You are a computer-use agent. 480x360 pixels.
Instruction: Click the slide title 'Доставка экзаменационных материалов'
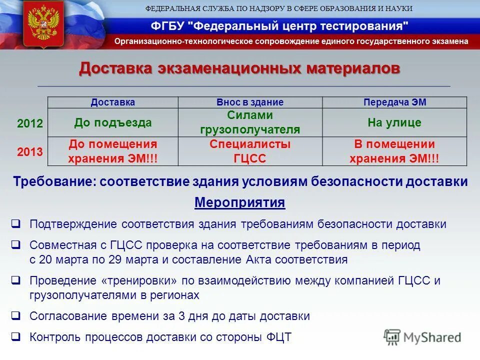(239, 68)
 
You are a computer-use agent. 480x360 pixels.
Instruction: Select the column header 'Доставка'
(112, 102)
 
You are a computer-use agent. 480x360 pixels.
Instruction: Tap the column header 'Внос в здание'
(250, 102)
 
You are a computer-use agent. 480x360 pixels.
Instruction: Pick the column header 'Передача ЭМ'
(394, 102)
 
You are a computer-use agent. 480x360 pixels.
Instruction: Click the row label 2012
(30, 123)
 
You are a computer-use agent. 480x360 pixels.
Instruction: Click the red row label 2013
(30, 152)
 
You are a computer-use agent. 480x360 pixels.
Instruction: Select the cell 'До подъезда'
(112, 122)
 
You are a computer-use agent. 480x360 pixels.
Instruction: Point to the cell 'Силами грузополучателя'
(250, 122)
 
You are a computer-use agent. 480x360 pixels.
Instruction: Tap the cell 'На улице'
(394, 122)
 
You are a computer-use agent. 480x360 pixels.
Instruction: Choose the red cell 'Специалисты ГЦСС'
(250, 151)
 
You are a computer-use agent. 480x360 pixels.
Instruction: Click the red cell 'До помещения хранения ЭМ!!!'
(112, 151)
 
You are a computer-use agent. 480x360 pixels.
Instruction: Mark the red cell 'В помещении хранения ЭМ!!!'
(394, 151)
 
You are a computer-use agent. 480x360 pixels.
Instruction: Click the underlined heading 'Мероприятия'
(239, 203)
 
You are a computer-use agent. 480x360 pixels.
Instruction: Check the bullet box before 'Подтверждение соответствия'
(16, 223)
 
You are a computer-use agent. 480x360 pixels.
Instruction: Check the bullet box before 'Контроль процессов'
(16, 337)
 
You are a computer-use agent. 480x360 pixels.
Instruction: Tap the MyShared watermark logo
(422, 337)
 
